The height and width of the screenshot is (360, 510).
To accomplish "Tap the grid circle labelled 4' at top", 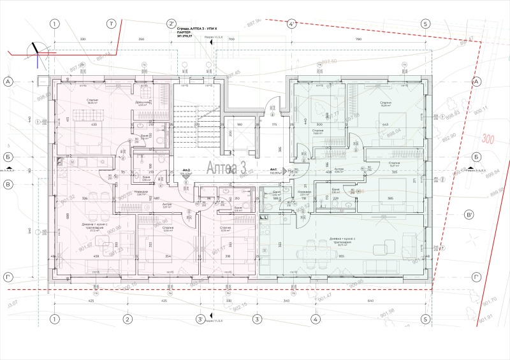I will [291, 24].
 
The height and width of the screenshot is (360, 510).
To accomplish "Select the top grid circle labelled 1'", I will [112, 24].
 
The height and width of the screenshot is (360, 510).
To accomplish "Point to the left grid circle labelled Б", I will [9, 157].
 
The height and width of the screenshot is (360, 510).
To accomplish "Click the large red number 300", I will [489, 139].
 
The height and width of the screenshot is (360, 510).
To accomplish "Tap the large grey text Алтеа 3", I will [226, 168].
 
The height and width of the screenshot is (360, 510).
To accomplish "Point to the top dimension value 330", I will [83, 40].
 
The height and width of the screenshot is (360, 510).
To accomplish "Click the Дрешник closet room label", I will [142, 102].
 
